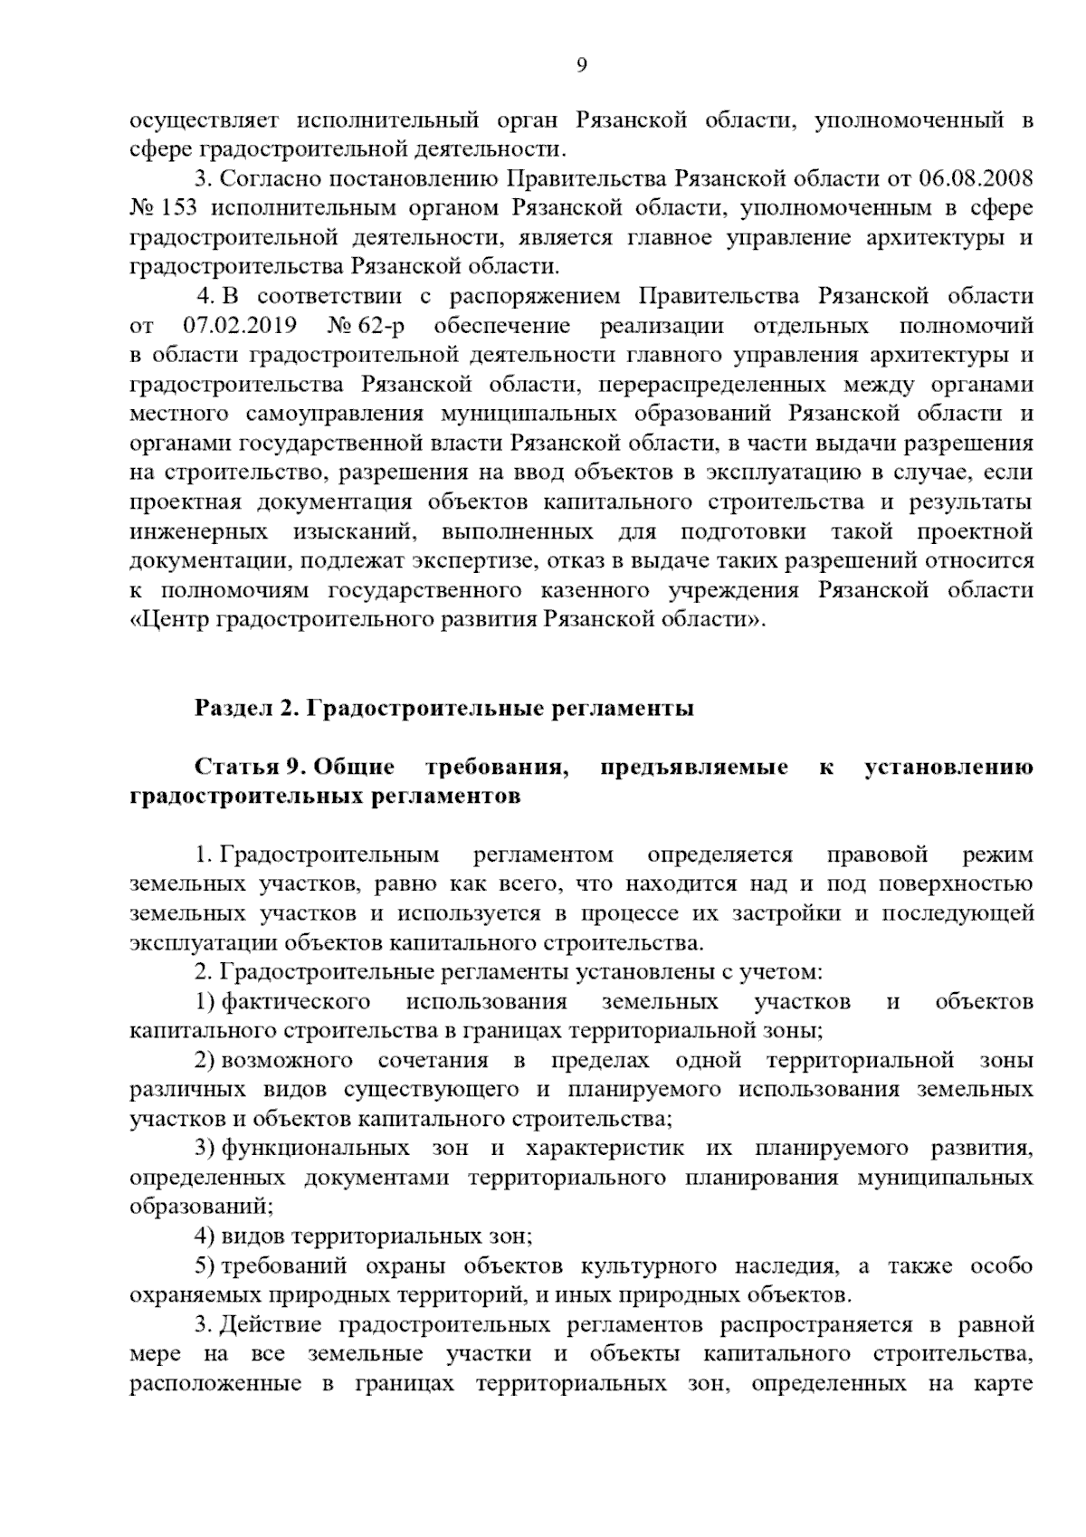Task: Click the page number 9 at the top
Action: tap(582, 64)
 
